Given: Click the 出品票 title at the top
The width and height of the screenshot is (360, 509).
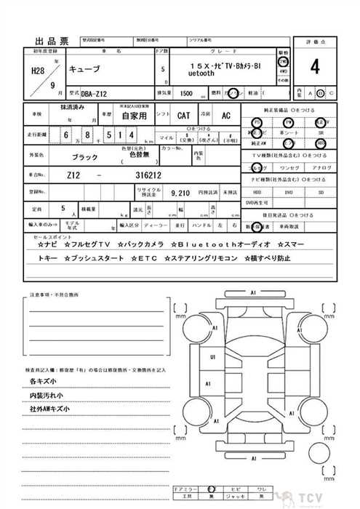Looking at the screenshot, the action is coord(56,41).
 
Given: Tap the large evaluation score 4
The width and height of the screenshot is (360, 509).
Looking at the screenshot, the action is coord(314,67).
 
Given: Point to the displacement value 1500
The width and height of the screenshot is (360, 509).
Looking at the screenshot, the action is coord(186,94).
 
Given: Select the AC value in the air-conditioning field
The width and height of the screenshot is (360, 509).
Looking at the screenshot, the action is coord(225,115).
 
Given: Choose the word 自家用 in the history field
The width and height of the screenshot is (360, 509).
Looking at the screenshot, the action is coord(134,115).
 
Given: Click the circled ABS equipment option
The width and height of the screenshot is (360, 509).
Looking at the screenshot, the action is coord(321,143).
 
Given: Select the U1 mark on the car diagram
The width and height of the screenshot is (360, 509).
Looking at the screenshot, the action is coord(213,357).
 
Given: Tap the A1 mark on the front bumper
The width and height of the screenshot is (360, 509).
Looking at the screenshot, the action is coord(254,292).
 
